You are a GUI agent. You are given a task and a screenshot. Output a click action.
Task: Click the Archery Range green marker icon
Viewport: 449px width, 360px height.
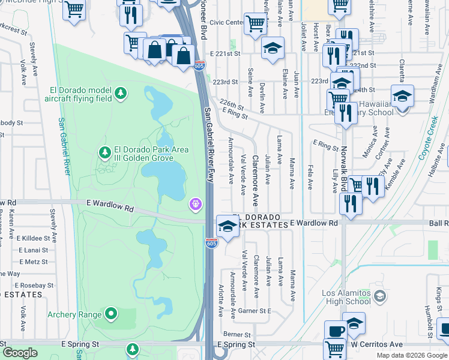coord(111,313)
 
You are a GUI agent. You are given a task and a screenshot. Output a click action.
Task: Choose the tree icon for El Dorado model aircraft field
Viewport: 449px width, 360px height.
coord(121,93)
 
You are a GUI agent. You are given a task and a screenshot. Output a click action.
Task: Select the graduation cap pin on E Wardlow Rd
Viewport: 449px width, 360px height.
coord(227,226)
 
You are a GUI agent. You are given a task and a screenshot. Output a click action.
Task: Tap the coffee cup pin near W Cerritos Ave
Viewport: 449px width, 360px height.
coord(336,331)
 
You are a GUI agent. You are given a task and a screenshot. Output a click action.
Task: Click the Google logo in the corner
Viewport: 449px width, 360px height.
coord(20,353)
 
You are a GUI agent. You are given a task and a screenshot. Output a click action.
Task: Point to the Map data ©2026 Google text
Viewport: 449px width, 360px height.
coord(412,355)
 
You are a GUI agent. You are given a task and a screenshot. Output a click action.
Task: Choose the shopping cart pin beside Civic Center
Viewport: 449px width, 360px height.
coord(256,24)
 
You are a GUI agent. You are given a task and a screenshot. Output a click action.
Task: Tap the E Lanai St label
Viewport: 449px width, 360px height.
coord(33,250)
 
